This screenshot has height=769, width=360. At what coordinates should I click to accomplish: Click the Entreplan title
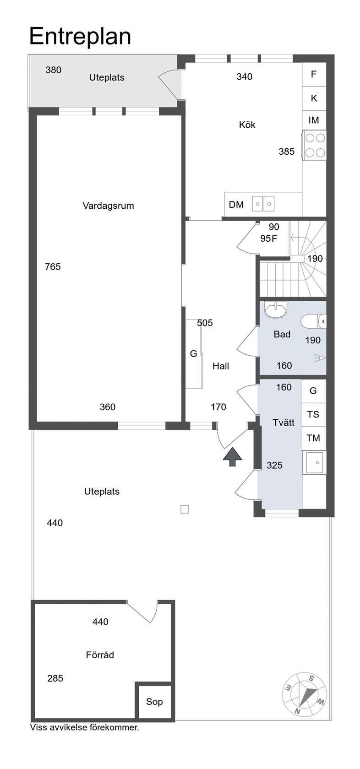coord(80,37)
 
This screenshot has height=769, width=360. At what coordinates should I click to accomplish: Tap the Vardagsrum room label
coord(108,206)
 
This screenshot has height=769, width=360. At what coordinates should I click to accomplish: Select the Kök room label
coord(247,125)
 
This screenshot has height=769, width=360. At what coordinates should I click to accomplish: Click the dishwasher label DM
coord(236,205)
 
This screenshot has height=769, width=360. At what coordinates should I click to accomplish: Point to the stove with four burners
coord(314,145)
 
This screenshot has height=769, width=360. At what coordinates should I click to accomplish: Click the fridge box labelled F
coord(314,74)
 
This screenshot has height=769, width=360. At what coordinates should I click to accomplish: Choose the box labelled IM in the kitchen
coord(314,120)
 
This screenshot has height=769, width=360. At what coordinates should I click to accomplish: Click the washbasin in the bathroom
coord(276,309)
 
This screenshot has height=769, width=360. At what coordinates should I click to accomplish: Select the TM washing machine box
coord(314,438)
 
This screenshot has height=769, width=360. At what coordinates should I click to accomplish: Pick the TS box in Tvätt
coord(314,415)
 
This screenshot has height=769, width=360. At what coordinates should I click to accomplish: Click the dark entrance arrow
coord(233,457)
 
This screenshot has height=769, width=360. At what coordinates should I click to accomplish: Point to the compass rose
coord(304,695)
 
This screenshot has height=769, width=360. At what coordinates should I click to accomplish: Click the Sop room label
coord(154,702)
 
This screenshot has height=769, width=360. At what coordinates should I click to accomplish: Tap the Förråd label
coord(100,655)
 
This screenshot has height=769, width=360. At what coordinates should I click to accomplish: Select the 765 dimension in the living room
coord(53,267)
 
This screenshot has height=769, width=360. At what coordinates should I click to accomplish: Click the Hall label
coord(221,366)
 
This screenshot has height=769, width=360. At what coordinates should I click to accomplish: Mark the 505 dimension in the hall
coord(205,323)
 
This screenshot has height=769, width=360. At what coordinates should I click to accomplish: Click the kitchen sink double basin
coord(263,204)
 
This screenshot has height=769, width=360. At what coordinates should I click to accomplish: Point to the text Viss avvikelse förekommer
coord(84,727)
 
